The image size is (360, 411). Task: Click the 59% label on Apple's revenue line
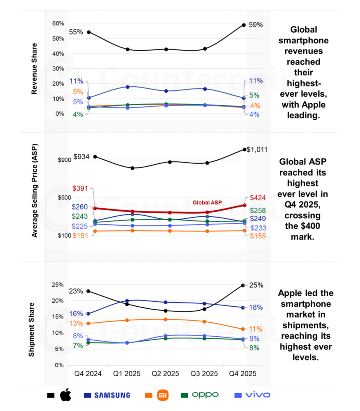coord(256,25)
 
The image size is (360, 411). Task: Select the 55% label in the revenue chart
coord(75,32)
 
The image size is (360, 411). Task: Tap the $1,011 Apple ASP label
coord(257,150)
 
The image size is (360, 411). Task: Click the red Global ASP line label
coord(207,202)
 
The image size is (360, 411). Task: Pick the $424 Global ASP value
coord(257,198)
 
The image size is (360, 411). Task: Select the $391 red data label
coord(80,188)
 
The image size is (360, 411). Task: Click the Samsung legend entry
coord(112,395)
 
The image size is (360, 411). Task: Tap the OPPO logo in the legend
coord(205,395)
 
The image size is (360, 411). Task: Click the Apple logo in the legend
coord(65,395)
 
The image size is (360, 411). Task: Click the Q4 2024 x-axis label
coord(88,374)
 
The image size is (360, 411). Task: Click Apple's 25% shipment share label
coord(256,285)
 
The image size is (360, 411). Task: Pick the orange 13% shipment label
coord(76,324)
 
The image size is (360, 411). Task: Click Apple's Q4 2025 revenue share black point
coord(244,25)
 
